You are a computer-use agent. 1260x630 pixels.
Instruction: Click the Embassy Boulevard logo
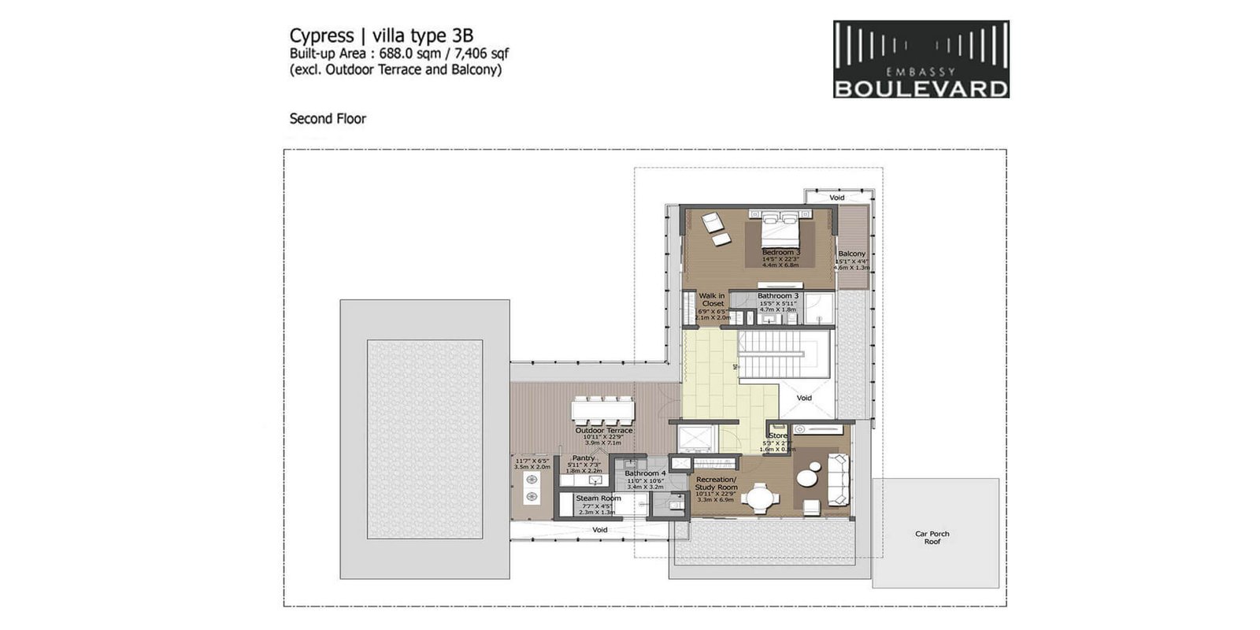(921, 59)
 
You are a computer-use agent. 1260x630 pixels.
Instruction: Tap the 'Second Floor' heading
(328, 119)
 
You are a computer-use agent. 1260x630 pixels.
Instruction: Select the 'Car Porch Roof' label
(932, 538)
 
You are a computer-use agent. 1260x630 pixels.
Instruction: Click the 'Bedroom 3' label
(780, 252)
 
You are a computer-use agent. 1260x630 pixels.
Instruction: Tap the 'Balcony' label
(851, 254)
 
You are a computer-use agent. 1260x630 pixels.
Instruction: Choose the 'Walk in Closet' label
(713, 299)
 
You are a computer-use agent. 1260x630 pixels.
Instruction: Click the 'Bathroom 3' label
(777, 296)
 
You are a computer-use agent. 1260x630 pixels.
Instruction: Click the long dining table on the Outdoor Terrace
(603, 409)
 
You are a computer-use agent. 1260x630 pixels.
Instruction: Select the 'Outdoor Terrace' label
(603, 431)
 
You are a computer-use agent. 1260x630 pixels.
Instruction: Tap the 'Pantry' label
(584, 458)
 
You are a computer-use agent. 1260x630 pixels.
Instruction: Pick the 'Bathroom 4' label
(645, 473)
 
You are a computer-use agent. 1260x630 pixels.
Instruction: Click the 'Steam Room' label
(598, 498)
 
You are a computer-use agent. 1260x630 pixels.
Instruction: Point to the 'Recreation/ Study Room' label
(716, 484)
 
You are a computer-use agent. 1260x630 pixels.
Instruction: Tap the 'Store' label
(777, 435)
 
